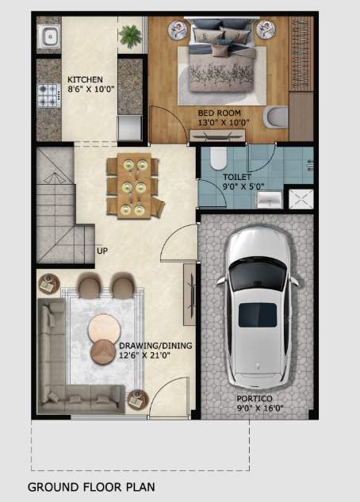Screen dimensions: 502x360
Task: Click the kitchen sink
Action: click(x=49, y=36)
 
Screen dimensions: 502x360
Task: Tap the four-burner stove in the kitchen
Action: click(x=48, y=96)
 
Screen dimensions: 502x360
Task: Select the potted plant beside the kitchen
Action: click(x=129, y=35)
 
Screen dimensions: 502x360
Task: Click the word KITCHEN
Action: click(x=85, y=80)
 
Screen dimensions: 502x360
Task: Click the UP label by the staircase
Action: click(x=102, y=251)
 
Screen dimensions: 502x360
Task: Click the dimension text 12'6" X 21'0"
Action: click(x=145, y=355)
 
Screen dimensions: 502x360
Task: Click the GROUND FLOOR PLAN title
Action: click(x=91, y=486)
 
